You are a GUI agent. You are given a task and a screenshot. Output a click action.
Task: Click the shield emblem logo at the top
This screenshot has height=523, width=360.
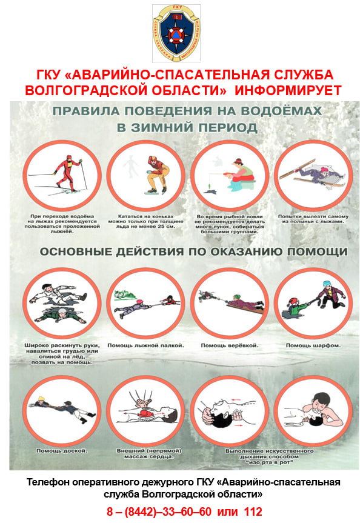(x=176, y=33)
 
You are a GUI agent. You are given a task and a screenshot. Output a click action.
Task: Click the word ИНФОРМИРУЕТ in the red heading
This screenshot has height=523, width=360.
(x=288, y=90)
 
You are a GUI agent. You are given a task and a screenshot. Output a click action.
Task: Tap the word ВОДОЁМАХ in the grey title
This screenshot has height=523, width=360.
(x=281, y=111)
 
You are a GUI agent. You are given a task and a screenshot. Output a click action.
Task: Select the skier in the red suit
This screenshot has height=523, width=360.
(x=68, y=173)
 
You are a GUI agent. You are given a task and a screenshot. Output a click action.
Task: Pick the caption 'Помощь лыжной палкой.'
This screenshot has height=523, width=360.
(x=145, y=345)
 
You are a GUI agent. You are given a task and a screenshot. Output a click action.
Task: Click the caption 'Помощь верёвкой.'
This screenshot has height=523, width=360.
(x=230, y=345)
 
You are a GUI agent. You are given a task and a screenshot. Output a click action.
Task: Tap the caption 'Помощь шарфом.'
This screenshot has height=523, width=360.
(x=313, y=345)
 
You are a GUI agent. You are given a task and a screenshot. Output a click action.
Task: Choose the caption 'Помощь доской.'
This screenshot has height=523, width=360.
(x=62, y=451)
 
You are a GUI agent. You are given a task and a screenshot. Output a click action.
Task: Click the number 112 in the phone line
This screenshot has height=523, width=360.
(x=253, y=511)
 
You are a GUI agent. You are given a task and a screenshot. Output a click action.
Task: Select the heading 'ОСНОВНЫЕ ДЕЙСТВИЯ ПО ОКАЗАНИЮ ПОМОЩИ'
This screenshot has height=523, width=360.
(x=193, y=252)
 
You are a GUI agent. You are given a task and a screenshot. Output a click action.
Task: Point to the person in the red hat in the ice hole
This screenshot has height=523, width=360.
(x=295, y=308)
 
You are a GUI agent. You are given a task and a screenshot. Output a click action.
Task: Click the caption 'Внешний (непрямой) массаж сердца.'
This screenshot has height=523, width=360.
(x=149, y=454)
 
